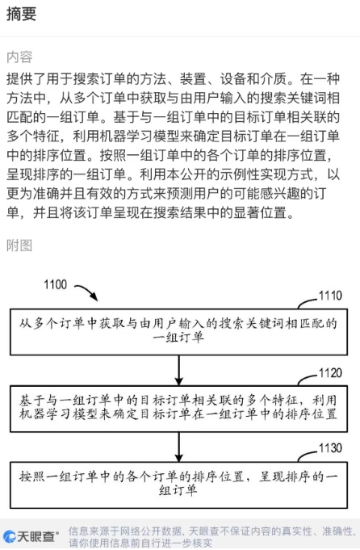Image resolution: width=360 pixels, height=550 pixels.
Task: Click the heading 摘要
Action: [21, 14]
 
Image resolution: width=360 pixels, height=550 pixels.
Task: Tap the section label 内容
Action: [19, 57]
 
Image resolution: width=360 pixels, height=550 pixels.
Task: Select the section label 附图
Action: [19, 246]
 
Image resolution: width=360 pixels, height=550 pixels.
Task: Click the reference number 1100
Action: [55, 284]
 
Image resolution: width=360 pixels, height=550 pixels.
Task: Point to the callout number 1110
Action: [330, 296]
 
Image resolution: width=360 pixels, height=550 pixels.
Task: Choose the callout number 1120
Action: [330, 373]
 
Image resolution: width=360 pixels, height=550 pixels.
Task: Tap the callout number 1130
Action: [330, 448]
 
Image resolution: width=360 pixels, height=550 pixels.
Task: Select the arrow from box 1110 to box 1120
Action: [178, 371]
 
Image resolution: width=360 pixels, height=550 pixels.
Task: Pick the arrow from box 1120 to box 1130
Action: [178, 447]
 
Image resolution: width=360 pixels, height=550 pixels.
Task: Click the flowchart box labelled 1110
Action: [178, 332]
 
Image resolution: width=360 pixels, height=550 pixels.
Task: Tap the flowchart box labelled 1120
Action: [178, 409]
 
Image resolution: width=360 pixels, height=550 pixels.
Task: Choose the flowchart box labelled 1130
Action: [178, 485]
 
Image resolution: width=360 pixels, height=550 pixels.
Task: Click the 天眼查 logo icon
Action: [9, 536]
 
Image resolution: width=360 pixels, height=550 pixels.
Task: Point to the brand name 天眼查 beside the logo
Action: [38, 536]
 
